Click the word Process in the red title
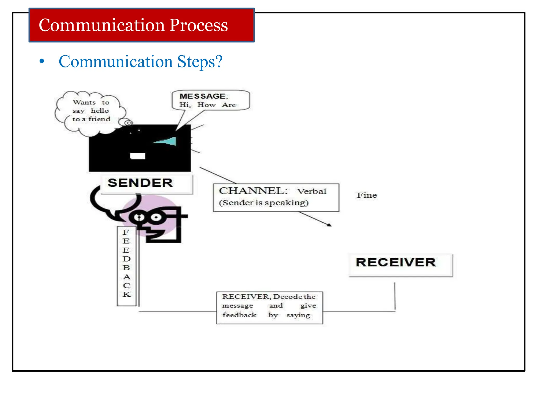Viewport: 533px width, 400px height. [x=199, y=25]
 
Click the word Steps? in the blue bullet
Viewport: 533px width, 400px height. [x=200, y=62]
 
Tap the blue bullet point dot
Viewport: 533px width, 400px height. [x=42, y=62]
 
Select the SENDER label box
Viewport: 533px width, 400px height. [x=147, y=184]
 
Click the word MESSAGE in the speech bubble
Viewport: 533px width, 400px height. [x=202, y=96]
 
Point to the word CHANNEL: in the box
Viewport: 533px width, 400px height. [x=253, y=191]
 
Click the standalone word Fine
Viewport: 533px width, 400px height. [x=367, y=195]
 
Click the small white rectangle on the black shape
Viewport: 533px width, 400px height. [x=137, y=156]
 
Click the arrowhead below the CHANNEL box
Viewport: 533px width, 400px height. [x=329, y=225]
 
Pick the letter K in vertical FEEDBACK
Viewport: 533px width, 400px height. [x=126, y=295]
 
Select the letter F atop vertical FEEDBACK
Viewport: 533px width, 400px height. [x=126, y=232]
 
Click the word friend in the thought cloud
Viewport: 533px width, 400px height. [x=99, y=119]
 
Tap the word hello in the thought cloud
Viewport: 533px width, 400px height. [x=100, y=111]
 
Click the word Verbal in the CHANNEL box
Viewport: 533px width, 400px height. [x=312, y=192]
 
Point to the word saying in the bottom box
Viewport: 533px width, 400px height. [x=298, y=315]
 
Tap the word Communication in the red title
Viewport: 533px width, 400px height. [x=101, y=25]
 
